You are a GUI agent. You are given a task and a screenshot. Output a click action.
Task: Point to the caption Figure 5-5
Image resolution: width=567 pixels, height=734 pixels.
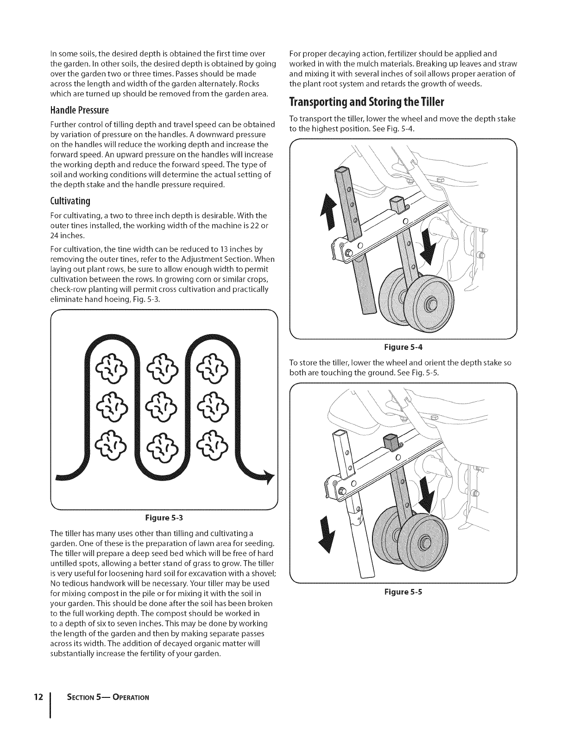pyautogui.click(x=402, y=592)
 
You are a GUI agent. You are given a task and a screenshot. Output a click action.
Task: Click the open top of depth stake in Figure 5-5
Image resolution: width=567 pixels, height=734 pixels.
pyautogui.click(x=340, y=433)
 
